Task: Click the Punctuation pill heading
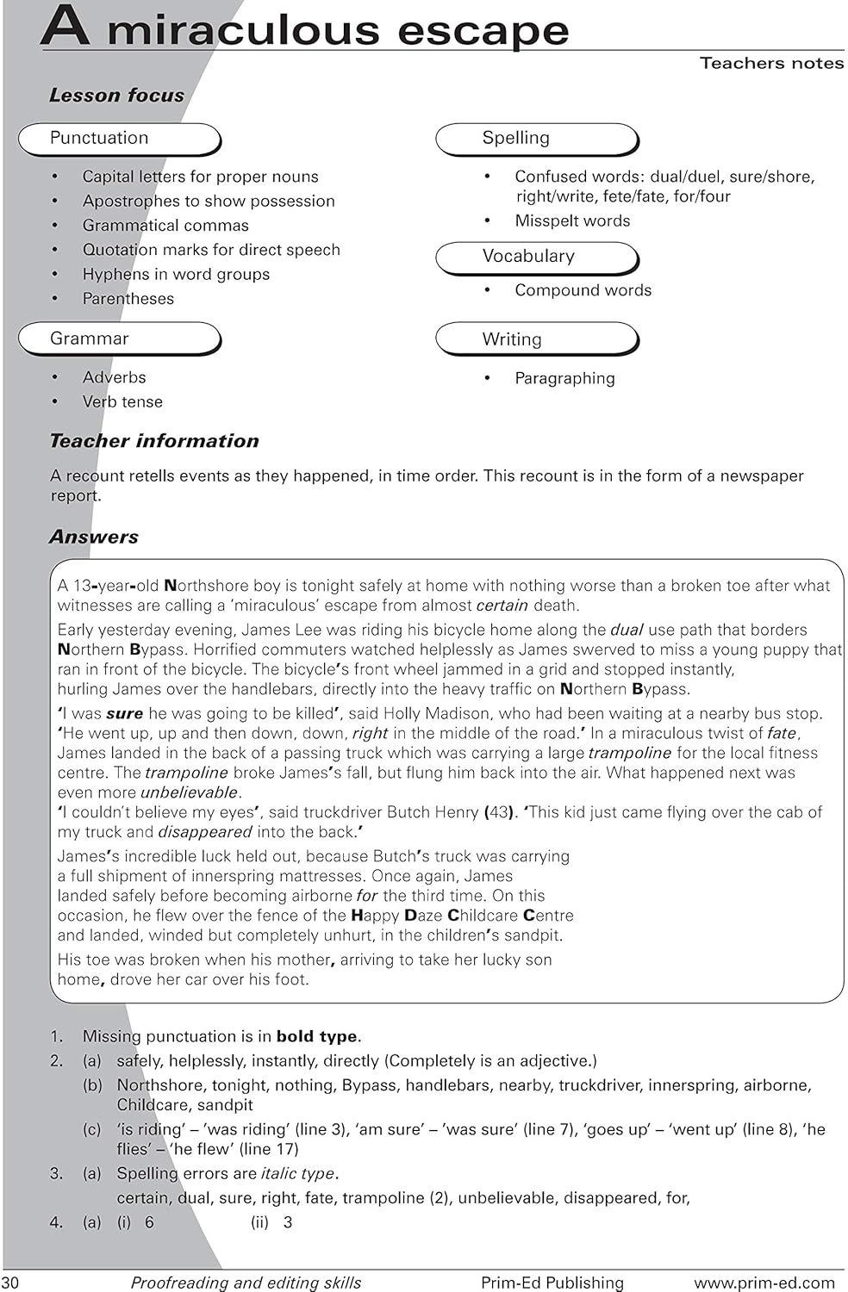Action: [x=119, y=139]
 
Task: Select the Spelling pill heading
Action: [x=536, y=139]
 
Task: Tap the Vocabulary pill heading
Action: [x=536, y=257]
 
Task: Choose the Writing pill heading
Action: [x=536, y=339]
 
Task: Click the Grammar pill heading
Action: [x=119, y=339]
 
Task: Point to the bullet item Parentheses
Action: [x=128, y=299]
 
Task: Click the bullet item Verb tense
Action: [x=122, y=401]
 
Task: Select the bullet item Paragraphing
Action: [x=564, y=378]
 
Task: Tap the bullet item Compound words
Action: [x=583, y=290]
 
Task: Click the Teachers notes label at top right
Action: [x=771, y=63]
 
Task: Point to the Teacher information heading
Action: [x=154, y=441]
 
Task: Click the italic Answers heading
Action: [x=94, y=537]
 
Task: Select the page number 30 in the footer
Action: [x=10, y=1283]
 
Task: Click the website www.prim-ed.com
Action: [x=764, y=1283]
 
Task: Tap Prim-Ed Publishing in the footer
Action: [x=552, y=1283]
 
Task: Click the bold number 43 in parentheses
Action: [x=498, y=812]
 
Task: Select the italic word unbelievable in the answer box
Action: [x=189, y=792]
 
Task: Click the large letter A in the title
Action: [x=65, y=26]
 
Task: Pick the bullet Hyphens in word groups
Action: [x=176, y=274]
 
